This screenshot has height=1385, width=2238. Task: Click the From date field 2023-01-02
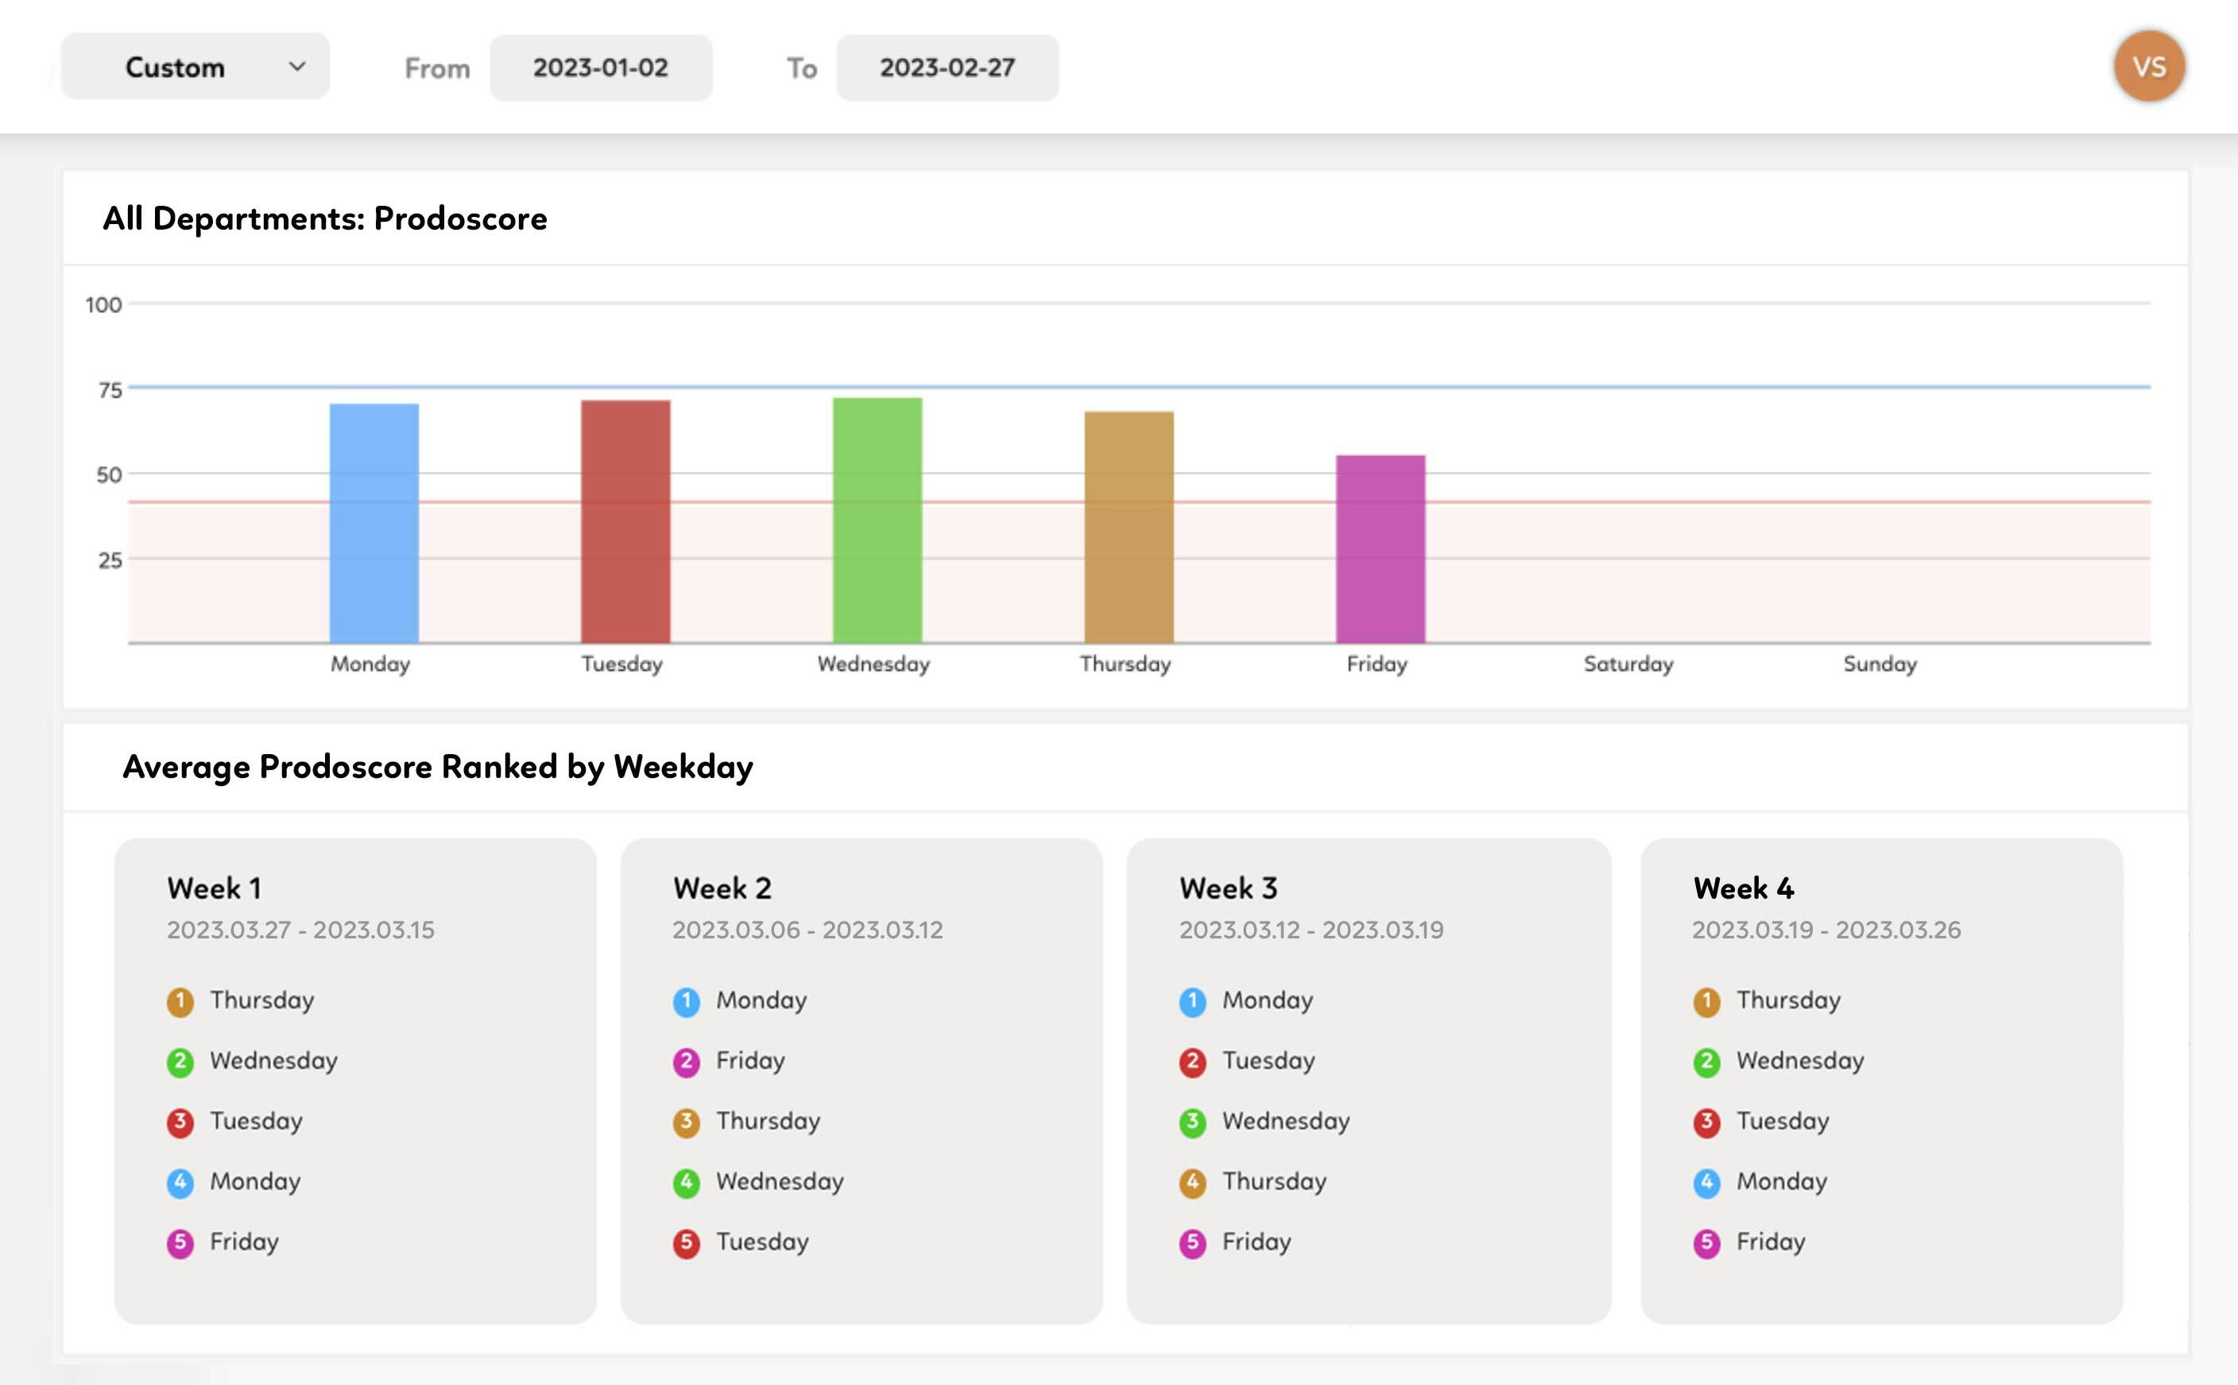point(601,68)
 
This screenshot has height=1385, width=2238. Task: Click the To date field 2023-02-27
point(947,68)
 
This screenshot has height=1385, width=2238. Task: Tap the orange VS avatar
point(2148,67)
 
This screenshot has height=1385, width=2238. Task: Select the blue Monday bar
point(374,523)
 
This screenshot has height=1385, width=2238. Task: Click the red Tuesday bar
point(625,521)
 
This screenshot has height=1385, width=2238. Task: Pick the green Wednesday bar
point(877,520)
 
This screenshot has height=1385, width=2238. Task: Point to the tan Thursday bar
point(1129,527)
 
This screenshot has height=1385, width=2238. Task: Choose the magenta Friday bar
point(1380,549)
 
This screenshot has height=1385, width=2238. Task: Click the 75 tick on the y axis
point(110,390)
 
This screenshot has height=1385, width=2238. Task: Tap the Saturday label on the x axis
point(1628,664)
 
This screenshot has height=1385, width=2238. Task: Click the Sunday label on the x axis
point(1880,664)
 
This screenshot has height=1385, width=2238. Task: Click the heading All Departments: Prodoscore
point(324,219)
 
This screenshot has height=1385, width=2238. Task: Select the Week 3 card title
point(1228,888)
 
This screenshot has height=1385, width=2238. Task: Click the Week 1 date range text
point(300,930)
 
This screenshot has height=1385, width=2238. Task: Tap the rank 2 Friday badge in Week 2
point(686,1062)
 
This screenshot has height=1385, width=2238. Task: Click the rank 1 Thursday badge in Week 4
point(1706,1001)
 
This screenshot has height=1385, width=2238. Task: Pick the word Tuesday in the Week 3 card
point(1268,1061)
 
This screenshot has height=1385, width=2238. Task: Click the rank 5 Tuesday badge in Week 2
point(686,1243)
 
